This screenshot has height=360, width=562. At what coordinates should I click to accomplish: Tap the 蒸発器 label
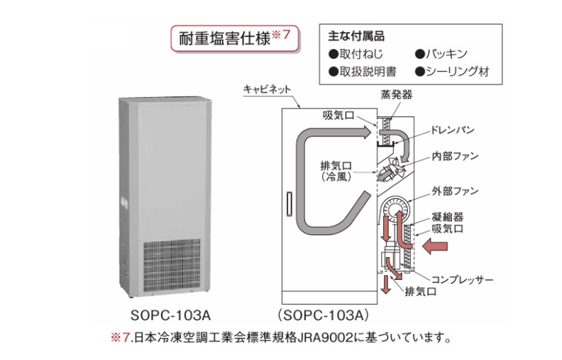[395, 94]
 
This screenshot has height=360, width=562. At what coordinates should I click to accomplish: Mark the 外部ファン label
[455, 191]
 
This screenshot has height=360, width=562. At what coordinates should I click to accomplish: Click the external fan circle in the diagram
[394, 210]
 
